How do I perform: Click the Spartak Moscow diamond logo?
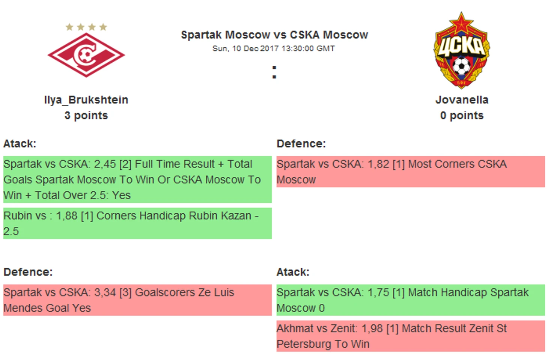[x=86, y=55]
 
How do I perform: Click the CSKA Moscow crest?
[x=461, y=50]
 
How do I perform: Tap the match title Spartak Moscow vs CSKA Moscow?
[x=274, y=35]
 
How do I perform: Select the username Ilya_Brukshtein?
[x=86, y=100]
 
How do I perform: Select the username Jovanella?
[x=462, y=100]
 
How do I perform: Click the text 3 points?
[x=86, y=116]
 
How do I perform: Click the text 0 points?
[x=462, y=116]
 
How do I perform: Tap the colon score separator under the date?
[x=274, y=72]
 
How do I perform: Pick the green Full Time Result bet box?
[x=137, y=179]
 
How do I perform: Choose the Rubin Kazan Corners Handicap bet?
[x=137, y=223]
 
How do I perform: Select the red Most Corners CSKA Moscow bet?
[x=411, y=172]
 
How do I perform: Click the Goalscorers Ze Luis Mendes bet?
[x=137, y=300]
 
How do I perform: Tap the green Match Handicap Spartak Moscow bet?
[x=411, y=300]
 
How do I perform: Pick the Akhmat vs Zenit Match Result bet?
[x=411, y=336]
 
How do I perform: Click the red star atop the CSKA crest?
[x=461, y=23]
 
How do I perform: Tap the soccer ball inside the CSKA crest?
[x=461, y=66]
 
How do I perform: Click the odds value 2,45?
[x=105, y=164]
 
